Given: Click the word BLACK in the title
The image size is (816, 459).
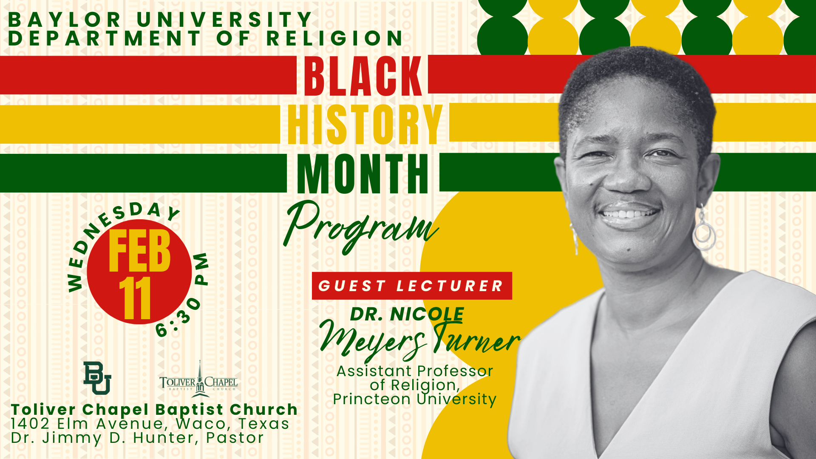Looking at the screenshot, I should pyautogui.click(x=363, y=76).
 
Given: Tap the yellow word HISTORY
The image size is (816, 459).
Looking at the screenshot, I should pyautogui.click(x=365, y=125).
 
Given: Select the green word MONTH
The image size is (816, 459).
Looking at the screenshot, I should pyautogui.click(x=363, y=173).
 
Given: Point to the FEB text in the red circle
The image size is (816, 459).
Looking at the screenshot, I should pyautogui.click(x=139, y=252).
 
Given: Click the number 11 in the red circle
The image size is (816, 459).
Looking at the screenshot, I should pyautogui.click(x=135, y=299).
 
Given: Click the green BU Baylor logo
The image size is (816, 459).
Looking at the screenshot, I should pyautogui.click(x=97, y=378).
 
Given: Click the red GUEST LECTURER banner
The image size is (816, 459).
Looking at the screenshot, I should pyautogui.click(x=411, y=286).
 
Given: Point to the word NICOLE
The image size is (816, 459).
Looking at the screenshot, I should pyautogui.click(x=427, y=314).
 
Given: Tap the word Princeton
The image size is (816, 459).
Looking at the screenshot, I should pyautogui.click(x=372, y=399).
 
